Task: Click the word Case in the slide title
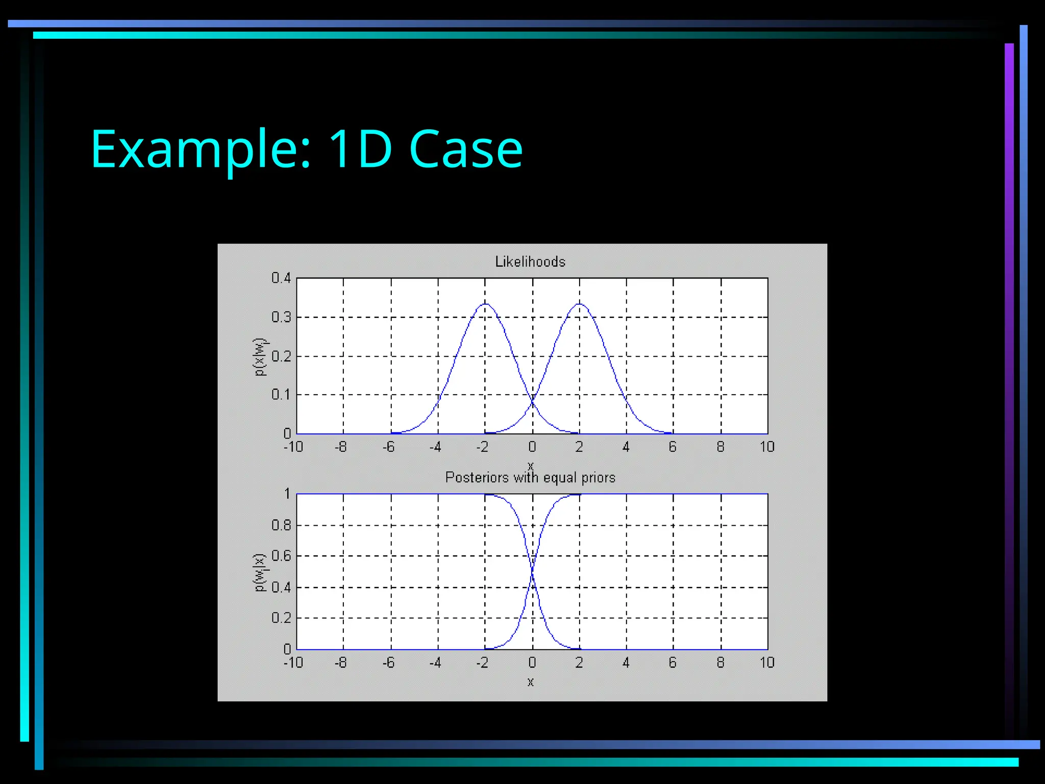click(x=465, y=149)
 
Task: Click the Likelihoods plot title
click(x=530, y=262)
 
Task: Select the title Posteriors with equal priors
click(x=530, y=478)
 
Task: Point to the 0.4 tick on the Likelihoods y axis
click(x=281, y=278)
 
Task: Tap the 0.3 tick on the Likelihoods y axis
click(x=281, y=317)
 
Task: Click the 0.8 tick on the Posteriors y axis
click(x=281, y=525)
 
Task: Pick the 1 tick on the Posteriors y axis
click(x=287, y=494)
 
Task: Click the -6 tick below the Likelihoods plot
click(x=388, y=447)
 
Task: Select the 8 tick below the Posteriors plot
click(x=720, y=663)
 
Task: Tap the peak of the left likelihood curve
click(x=485, y=304)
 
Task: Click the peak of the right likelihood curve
click(x=579, y=304)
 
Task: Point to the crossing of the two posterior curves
click(x=532, y=572)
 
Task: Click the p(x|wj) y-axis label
click(x=260, y=357)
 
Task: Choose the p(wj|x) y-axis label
click(x=260, y=572)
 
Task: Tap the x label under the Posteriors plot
click(x=531, y=682)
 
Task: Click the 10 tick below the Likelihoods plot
click(x=767, y=447)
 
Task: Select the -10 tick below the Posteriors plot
click(x=293, y=663)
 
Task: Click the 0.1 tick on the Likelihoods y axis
click(x=281, y=395)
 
